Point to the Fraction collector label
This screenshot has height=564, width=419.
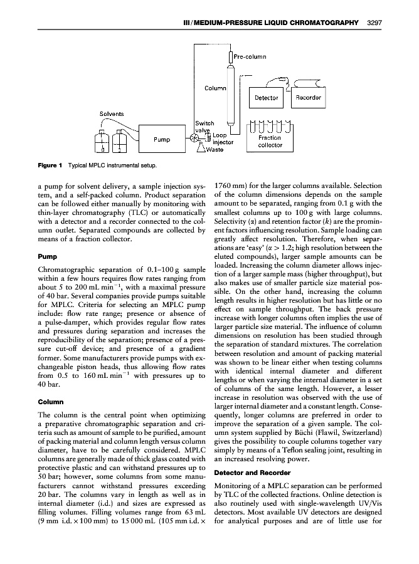click(270, 142)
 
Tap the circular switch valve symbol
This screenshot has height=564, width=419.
click(196, 138)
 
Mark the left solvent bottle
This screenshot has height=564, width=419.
click(98, 143)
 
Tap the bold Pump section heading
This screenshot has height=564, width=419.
click(48, 257)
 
